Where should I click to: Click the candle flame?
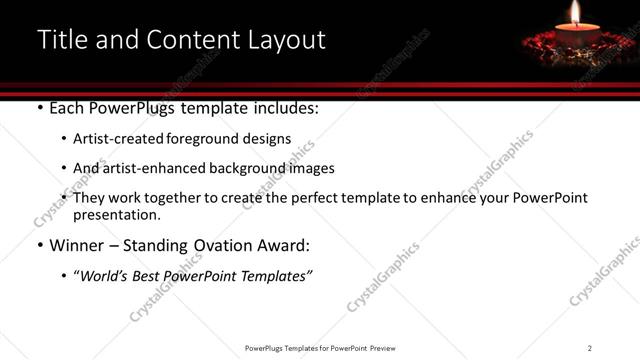click(x=575, y=13)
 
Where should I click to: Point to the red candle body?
click(x=576, y=37)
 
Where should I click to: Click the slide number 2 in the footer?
click(x=590, y=348)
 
